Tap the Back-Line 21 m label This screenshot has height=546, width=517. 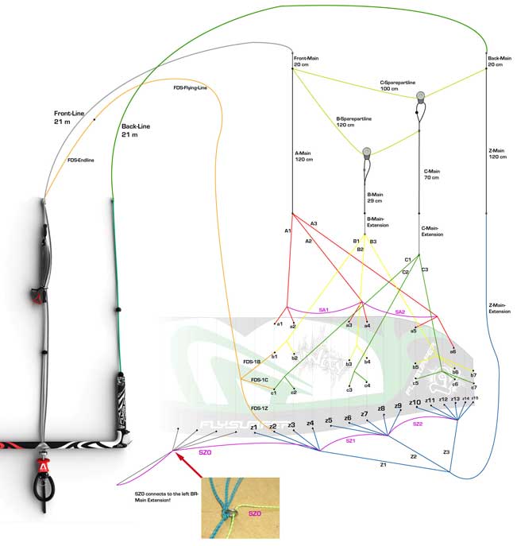pos(137,131)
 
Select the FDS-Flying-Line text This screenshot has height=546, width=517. pos(190,88)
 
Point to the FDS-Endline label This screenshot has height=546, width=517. pos(81,160)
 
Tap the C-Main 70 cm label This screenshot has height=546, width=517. pos(432,174)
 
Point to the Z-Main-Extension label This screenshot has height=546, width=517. pos(500,308)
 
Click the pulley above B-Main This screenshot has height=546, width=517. pos(367,153)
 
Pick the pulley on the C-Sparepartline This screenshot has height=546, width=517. pos(420,98)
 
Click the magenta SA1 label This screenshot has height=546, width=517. pos(323,310)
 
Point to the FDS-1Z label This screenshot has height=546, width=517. pos(258,408)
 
